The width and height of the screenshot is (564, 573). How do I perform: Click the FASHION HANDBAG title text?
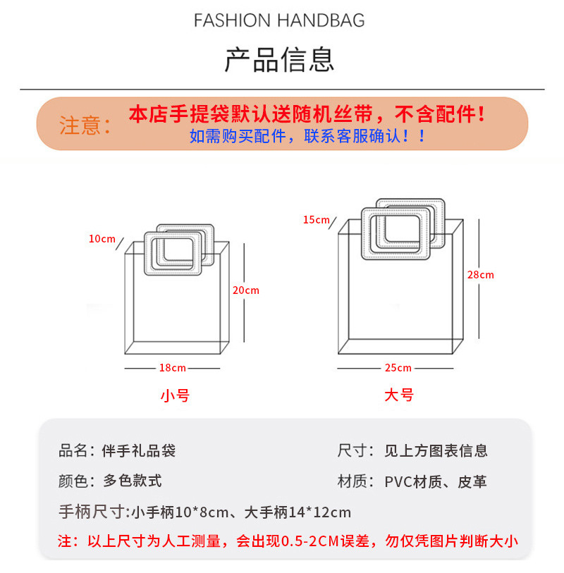[x=279, y=20]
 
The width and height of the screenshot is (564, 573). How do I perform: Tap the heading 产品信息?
[x=279, y=59]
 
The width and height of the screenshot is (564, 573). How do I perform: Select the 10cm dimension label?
[x=102, y=239]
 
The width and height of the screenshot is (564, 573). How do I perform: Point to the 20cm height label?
[x=245, y=290]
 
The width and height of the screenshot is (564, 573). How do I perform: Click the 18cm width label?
[x=173, y=368]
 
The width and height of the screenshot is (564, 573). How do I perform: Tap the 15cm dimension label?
[x=317, y=220]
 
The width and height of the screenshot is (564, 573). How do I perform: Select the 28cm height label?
[x=480, y=275]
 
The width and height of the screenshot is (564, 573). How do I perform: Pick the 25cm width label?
[x=398, y=368]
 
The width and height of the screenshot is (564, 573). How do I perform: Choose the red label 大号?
[x=398, y=395]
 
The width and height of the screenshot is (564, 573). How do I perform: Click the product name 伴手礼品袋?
[x=139, y=451]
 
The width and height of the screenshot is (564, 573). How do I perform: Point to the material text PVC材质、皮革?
[x=436, y=482]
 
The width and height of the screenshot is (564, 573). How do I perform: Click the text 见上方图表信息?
[x=436, y=451]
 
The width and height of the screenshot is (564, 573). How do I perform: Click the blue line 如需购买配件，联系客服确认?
[x=307, y=136]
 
